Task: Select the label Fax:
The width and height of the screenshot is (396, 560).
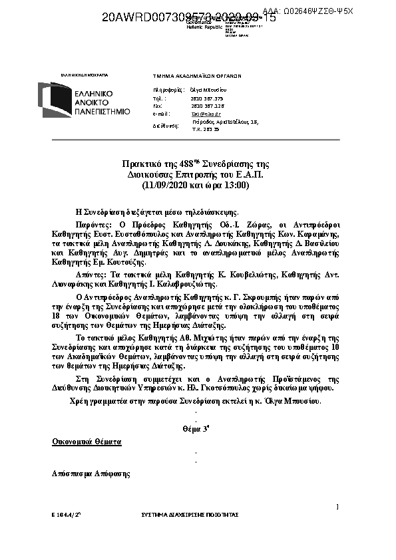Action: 158,106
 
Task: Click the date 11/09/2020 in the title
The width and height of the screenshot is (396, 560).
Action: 170,185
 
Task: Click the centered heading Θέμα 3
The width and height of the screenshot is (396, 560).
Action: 196,430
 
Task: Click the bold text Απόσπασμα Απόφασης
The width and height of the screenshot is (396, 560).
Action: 91,474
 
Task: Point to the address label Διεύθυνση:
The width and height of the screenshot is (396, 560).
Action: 166,125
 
